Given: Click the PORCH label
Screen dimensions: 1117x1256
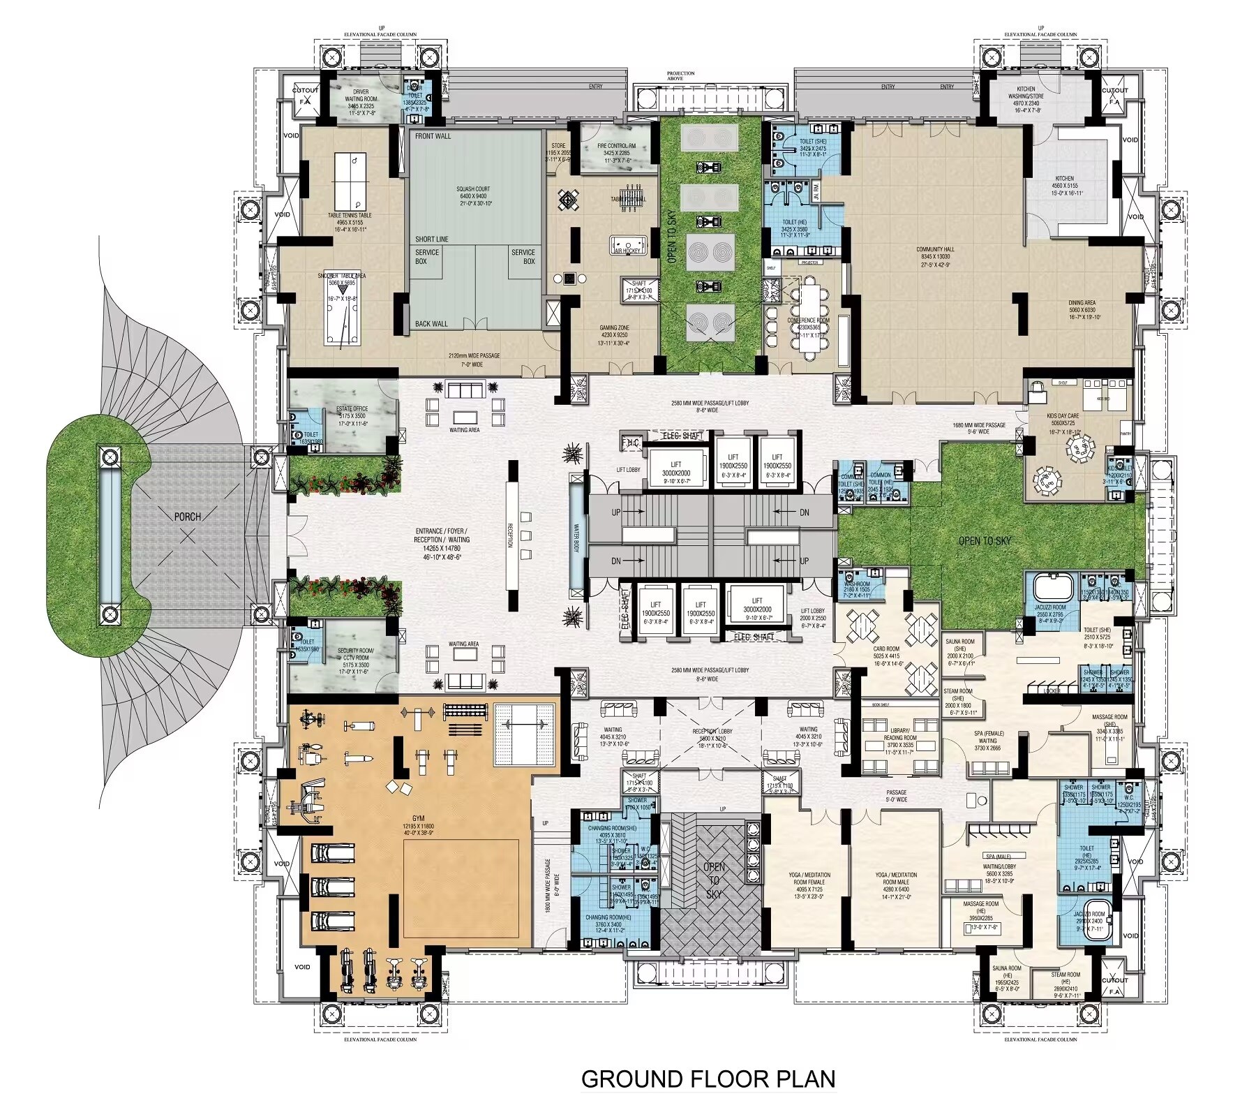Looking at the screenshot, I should tap(187, 517).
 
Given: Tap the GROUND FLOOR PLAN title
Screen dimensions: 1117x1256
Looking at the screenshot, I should tap(708, 1079).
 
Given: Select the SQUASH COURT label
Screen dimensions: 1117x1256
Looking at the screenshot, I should tap(473, 189).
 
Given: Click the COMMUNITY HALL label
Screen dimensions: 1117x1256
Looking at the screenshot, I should tap(935, 249).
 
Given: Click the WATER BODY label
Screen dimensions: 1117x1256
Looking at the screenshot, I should tap(577, 535).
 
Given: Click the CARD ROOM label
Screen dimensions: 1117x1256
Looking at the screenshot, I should tap(886, 649).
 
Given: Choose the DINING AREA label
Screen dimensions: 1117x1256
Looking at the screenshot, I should tap(1082, 303).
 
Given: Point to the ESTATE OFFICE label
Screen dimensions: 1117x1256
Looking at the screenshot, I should tap(352, 409).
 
